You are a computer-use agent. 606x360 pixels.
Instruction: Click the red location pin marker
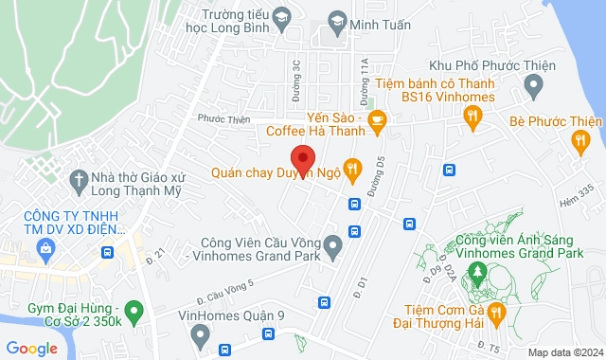(302, 158)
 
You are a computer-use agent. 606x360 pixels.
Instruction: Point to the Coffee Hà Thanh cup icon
(377, 120)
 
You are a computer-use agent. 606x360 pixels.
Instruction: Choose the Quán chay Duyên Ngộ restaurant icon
(352, 171)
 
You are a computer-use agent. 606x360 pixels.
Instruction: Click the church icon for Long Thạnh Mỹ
(77, 178)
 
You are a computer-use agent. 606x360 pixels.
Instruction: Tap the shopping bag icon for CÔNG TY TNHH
(44, 247)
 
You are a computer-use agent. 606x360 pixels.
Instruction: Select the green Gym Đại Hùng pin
(134, 310)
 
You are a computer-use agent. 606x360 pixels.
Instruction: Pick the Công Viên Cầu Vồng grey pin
(332, 248)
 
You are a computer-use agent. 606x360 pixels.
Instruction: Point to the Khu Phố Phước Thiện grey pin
(533, 87)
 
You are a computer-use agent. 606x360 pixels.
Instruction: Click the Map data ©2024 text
(563, 352)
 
